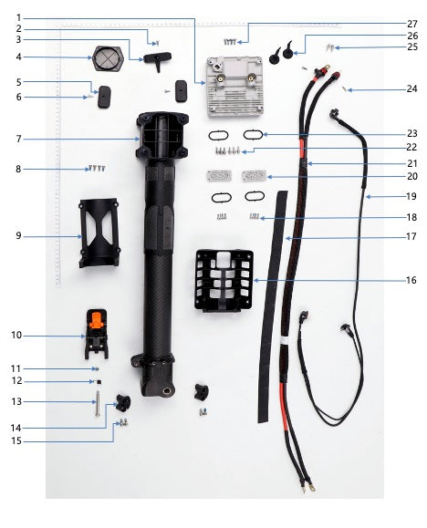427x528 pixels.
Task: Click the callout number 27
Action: click(411, 25)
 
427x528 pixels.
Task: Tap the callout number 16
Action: click(411, 280)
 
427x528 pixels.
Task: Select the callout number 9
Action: click(18, 235)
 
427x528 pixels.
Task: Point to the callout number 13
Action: click(16, 401)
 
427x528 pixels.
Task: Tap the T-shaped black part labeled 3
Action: click(157, 59)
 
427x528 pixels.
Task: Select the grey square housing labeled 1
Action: click(234, 87)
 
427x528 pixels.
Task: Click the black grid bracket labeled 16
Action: click(224, 282)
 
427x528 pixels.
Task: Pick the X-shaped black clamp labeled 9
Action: click(99, 233)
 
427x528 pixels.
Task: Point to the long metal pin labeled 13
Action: click(98, 403)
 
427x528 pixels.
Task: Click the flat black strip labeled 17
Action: click(272, 306)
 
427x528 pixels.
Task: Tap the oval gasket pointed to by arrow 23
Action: click(253, 135)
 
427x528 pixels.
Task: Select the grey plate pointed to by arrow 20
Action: click(255, 176)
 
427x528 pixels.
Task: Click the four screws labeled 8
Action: click(97, 168)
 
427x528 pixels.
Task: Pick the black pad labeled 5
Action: click(105, 97)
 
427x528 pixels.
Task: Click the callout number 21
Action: click(411, 163)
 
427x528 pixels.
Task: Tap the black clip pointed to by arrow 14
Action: click(123, 403)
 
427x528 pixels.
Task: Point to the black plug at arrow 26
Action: click(287, 51)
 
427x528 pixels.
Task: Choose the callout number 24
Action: click(411, 88)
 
